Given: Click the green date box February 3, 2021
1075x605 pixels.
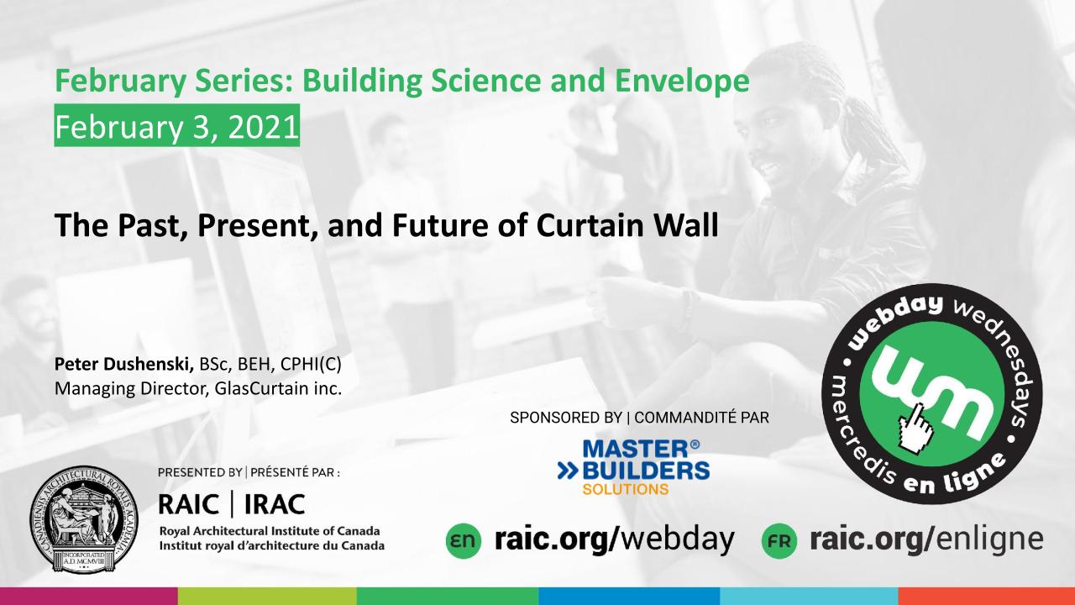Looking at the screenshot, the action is (176, 125).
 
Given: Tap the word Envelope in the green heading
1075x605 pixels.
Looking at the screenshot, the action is (682, 82).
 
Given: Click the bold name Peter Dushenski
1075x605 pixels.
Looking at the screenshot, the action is (123, 365).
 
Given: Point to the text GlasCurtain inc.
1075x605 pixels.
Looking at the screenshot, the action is (278, 388).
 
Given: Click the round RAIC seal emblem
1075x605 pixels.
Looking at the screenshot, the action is (84, 519).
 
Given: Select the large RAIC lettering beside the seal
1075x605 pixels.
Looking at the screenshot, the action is (189, 505).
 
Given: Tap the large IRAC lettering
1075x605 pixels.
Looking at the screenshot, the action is (275, 505).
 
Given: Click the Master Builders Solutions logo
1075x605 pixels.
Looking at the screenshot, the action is (633, 467).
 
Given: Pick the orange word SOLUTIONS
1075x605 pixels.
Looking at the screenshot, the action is (626, 489).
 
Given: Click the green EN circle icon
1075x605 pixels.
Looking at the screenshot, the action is (463, 540).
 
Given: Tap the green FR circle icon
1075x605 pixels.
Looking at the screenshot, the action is (779, 540).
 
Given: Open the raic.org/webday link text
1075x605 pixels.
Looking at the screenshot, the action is (614, 539).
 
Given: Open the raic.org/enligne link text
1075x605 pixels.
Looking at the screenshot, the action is (926, 539).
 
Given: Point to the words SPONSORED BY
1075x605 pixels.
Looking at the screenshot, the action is (566, 418).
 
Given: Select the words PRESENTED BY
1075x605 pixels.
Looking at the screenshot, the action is (200, 472).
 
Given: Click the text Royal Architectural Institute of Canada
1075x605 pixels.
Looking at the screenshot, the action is (270, 531).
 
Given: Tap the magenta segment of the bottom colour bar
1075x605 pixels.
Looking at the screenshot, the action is (89, 596).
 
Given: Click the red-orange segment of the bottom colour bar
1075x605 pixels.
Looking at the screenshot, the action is (987, 596).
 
